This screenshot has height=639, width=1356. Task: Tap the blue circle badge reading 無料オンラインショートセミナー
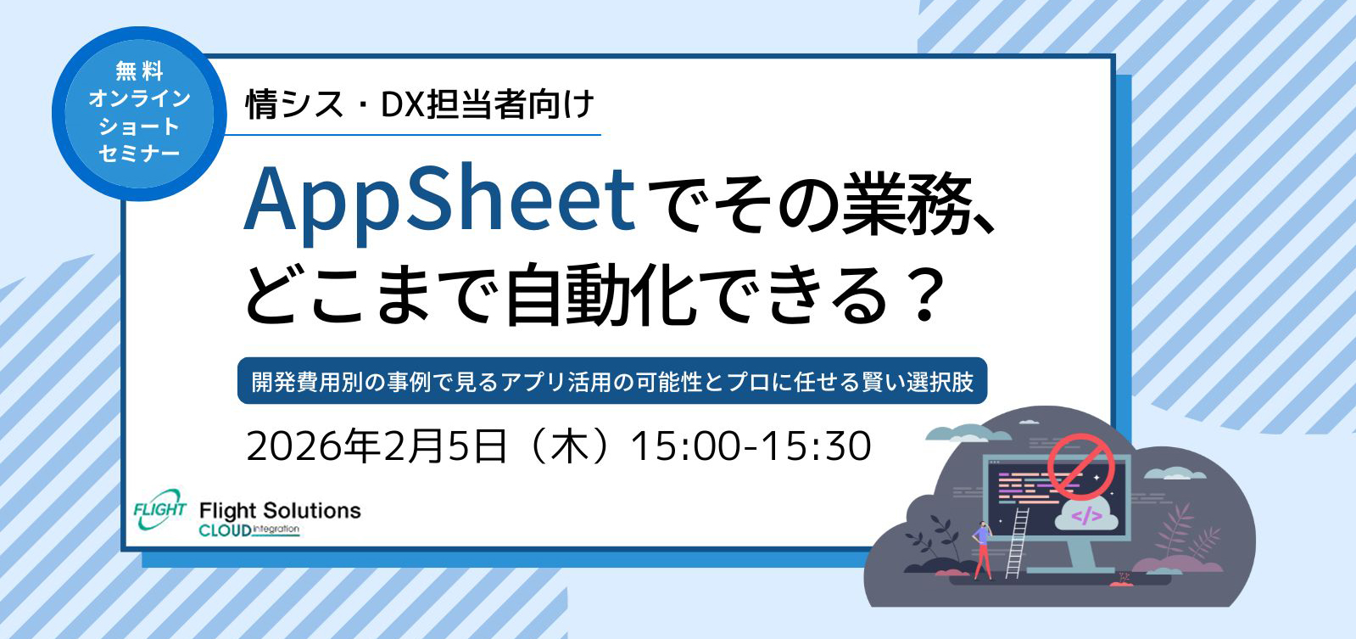point(139,114)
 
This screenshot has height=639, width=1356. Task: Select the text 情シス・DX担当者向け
point(420,105)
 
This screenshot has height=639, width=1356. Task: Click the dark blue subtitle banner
point(612,381)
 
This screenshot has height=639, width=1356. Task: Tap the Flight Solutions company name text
point(280,510)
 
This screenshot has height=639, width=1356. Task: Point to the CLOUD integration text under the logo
point(249,530)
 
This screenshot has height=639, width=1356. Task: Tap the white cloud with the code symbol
point(1086,515)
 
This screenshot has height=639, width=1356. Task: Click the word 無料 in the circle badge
point(139,71)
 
